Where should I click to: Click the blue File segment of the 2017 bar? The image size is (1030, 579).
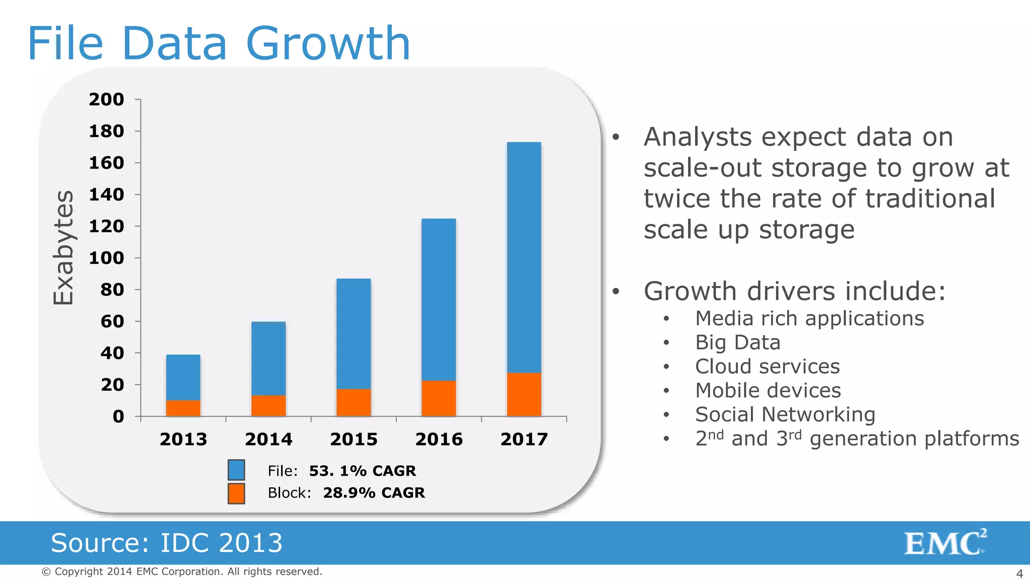click(524, 256)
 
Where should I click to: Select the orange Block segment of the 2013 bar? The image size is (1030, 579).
click(183, 408)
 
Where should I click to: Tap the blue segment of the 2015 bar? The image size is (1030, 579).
click(354, 333)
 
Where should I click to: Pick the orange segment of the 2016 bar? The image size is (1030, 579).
click(439, 398)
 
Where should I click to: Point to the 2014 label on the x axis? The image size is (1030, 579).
click(269, 439)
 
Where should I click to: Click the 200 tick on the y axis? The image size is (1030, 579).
click(107, 100)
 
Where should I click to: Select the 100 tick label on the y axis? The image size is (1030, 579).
click(107, 258)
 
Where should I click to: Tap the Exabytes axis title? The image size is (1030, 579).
click(64, 247)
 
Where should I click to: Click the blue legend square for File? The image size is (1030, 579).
click(236, 470)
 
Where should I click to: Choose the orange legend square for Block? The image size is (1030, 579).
click(236, 493)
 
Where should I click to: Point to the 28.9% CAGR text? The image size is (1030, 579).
click(374, 493)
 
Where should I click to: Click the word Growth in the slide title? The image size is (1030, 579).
click(328, 44)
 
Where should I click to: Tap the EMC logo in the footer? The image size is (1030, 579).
click(945, 542)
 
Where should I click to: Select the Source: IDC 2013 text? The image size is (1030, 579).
click(166, 543)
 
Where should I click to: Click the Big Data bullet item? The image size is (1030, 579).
click(737, 342)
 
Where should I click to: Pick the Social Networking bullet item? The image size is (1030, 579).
click(785, 414)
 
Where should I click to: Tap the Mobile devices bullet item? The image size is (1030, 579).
click(767, 391)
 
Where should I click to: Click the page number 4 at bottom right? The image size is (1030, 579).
click(1019, 573)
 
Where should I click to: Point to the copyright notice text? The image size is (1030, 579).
click(182, 571)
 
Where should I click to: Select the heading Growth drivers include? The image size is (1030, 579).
click(794, 291)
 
